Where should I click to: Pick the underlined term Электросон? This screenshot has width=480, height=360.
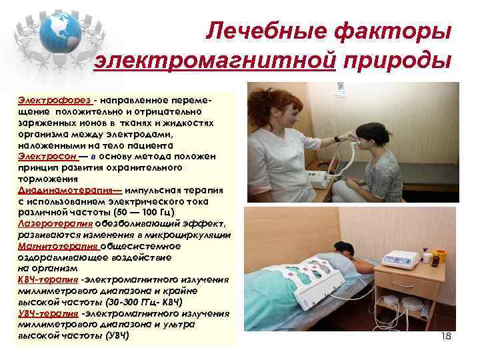coord(43,155)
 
